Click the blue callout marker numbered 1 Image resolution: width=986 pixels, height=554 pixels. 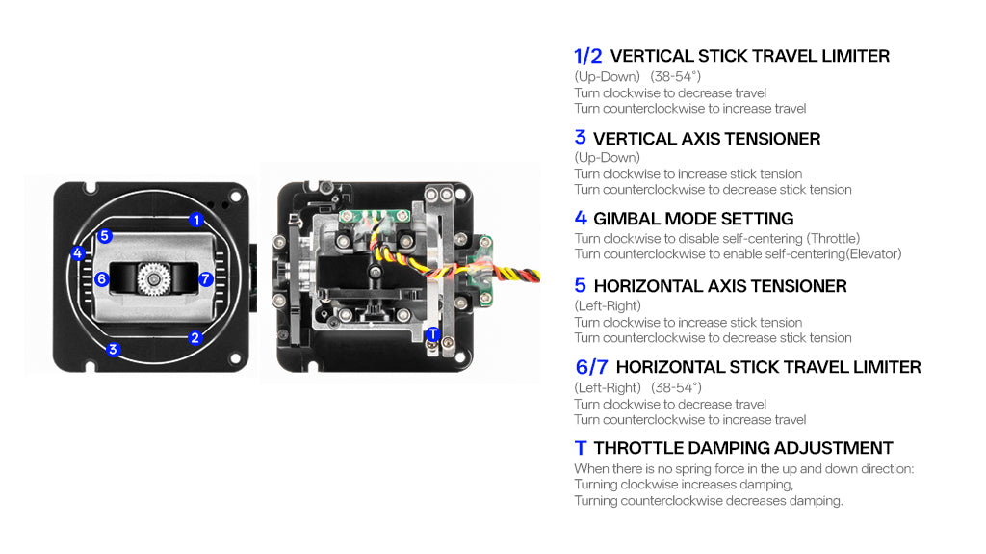(196, 220)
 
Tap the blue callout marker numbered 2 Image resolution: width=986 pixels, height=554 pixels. (195, 337)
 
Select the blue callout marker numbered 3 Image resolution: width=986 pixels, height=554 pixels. (113, 349)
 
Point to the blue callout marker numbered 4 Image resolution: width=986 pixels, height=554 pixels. (78, 254)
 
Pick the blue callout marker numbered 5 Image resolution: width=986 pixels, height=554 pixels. (105, 235)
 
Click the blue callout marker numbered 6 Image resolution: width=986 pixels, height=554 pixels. (101, 279)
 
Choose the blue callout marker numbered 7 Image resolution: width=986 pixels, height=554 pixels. (205, 279)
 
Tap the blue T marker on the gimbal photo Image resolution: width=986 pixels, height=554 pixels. (433, 334)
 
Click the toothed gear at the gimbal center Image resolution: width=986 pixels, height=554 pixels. (153, 279)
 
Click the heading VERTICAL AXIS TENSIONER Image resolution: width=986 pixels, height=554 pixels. (707, 139)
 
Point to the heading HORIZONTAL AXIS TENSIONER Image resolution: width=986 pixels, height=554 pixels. (720, 286)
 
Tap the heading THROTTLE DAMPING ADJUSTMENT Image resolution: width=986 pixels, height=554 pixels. (743, 448)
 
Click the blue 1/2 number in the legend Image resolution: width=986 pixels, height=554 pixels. (587, 56)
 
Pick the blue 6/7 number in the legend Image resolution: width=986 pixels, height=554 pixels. (590, 367)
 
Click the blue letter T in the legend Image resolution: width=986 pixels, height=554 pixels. (580, 448)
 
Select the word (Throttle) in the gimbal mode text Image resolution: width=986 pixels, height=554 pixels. (833, 239)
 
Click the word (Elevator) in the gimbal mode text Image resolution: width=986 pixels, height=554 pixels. (869, 254)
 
